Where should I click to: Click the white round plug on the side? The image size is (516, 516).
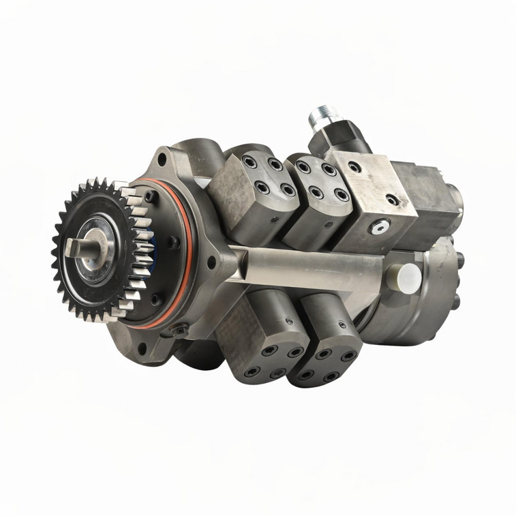[409, 279]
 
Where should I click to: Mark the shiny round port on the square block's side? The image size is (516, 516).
[380, 227]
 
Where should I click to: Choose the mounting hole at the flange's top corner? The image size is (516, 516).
[162, 160]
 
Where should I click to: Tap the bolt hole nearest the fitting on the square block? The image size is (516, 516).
[355, 166]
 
